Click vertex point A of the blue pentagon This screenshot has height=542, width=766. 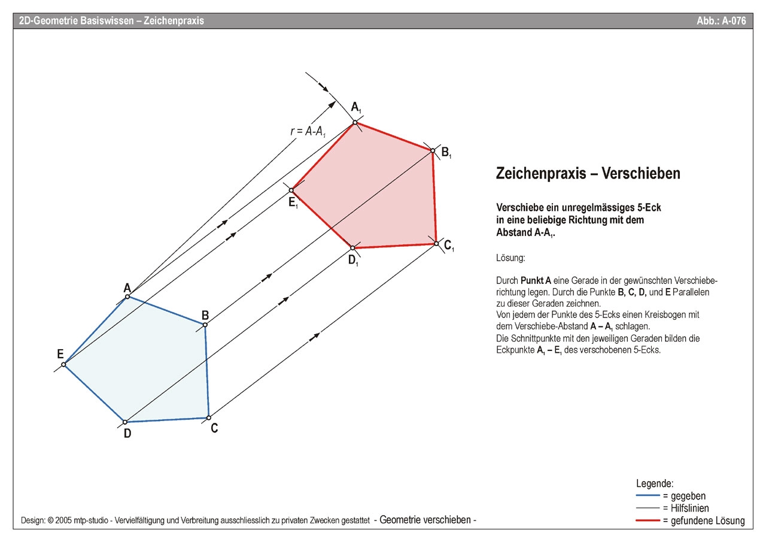(127, 296)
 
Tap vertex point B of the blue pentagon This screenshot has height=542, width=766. (205, 325)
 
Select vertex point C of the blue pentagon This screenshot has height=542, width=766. (208, 417)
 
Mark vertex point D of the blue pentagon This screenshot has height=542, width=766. (124, 422)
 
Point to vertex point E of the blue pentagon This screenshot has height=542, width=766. (63, 364)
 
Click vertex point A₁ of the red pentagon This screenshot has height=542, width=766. (355, 123)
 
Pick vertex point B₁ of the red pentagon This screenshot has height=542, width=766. (432, 150)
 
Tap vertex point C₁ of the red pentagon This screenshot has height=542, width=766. (436, 243)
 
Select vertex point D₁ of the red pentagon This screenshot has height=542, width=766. (352, 248)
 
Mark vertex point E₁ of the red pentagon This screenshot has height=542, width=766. (291, 190)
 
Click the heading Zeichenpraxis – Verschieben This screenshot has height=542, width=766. (588, 173)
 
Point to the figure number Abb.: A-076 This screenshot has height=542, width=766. (721, 21)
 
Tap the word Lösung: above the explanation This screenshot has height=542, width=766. (510, 258)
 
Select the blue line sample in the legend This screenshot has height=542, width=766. (648, 496)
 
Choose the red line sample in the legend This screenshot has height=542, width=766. (648, 520)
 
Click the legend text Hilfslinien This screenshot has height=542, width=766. (687, 508)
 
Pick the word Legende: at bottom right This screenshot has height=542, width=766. (655, 483)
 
